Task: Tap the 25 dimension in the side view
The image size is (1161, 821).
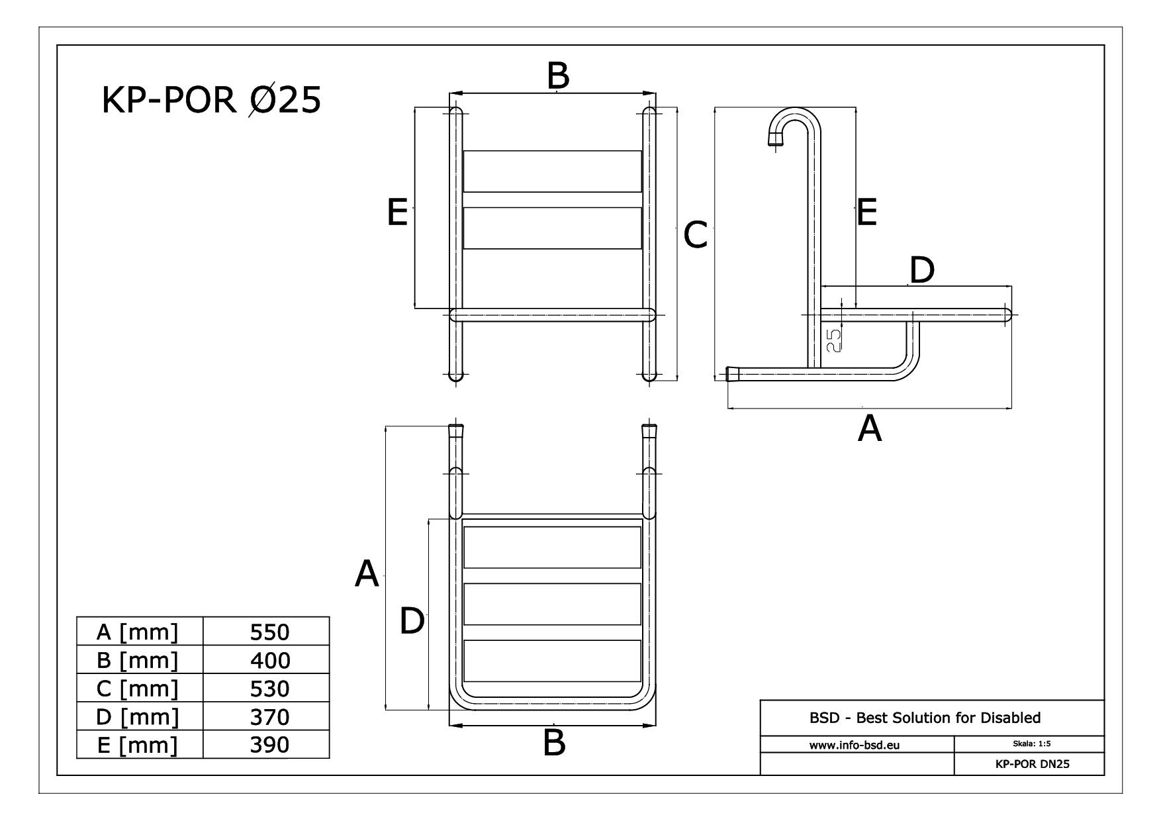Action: point(835,340)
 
